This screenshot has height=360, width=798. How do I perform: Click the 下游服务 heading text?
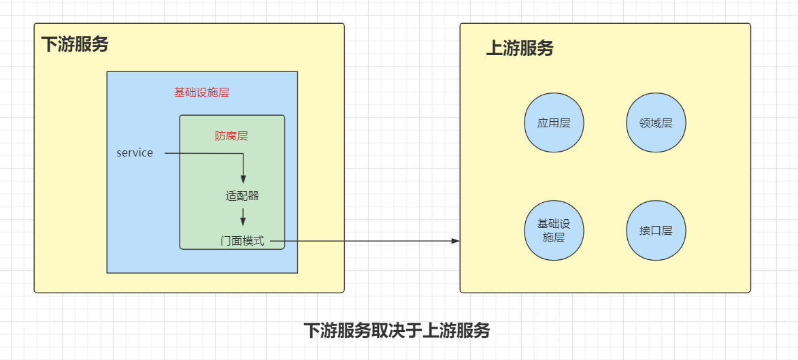click(x=75, y=44)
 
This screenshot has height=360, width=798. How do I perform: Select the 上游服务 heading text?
click(x=520, y=48)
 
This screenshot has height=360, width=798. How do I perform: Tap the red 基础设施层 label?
click(x=202, y=93)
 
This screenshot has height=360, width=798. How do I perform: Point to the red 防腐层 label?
click(x=231, y=136)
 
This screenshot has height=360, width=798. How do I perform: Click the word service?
click(x=135, y=153)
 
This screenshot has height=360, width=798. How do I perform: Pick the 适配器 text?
click(x=242, y=195)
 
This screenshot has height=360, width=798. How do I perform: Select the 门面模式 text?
click(x=242, y=241)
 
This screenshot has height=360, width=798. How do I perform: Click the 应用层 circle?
click(x=554, y=123)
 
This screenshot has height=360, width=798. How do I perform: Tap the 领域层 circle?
click(x=656, y=123)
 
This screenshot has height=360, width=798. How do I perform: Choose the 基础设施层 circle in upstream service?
click(x=554, y=231)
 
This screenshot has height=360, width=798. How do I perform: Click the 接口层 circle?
click(x=656, y=231)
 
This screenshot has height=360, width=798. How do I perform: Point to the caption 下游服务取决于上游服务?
click(x=397, y=331)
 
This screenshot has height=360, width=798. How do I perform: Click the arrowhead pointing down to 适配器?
click(x=243, y=180)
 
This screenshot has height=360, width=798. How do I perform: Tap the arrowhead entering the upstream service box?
click(x=456, y=241)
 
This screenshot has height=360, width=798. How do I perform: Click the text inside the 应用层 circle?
click(x=554, y=124)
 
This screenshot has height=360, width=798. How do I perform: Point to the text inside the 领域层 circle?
click(x=656, y=124)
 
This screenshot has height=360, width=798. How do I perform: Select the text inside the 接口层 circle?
click(x=656, y=231)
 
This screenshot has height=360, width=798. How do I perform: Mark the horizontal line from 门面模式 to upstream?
click(x=367, y=241)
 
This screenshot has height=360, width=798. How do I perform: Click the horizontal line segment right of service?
click(x=204, y=154)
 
